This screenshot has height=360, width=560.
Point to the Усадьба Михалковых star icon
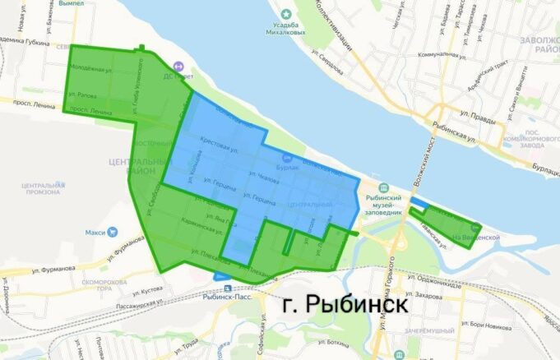(285, 14)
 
